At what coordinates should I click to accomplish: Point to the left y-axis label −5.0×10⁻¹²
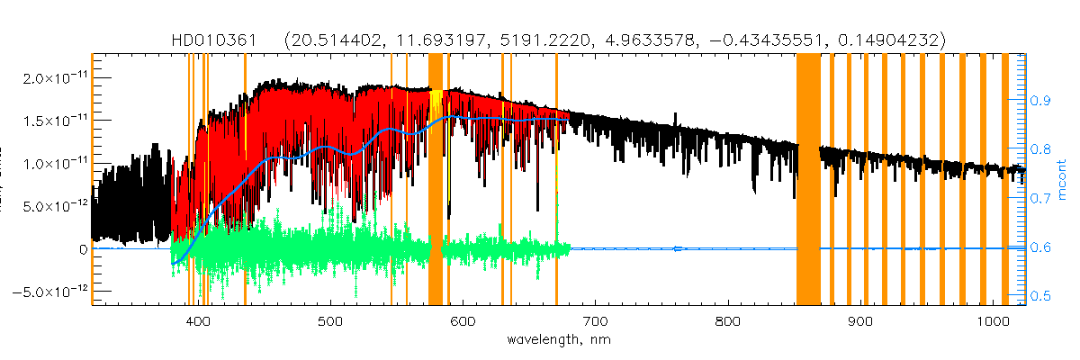49,292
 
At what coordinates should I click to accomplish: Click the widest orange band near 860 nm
807,180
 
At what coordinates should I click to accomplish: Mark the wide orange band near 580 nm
436,180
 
